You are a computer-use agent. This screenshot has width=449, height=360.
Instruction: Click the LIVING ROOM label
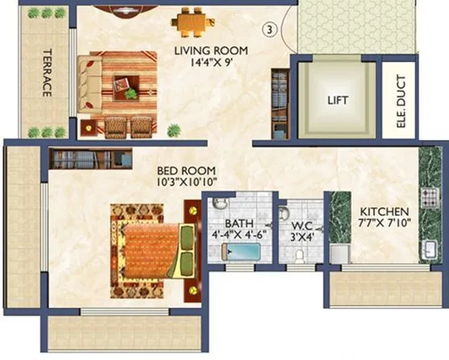pyautogui.click(x=212, y=50)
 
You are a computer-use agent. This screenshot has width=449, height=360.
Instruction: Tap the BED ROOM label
pyautogui.click(x=187, y=170)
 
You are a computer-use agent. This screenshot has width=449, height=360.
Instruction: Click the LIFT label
pyautogui.click(x=337, y=101)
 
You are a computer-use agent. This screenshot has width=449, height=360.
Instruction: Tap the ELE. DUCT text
pyautogui.click(x=400, y=104)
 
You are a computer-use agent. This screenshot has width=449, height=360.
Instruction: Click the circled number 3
pyautogui.click(x=270, y=30)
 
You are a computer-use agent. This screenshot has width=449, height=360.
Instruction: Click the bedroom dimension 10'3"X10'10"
pyautogui.click(x=187, y=182)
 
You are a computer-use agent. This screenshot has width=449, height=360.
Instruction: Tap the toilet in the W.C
pyautogui.click(x=299, y=254)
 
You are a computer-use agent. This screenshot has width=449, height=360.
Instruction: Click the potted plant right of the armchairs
pyautogui.click(x=173, y=130)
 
